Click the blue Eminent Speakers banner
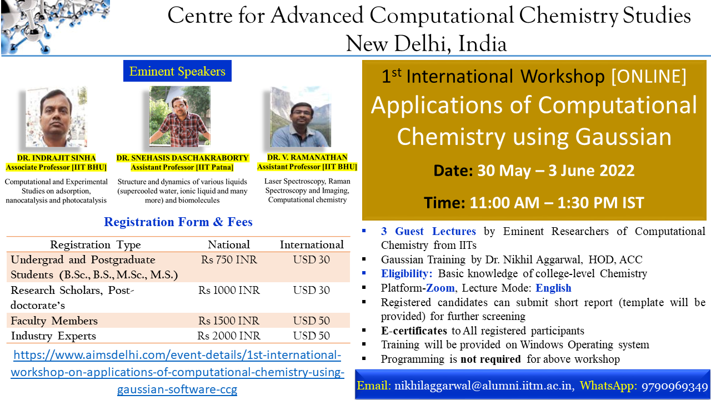coord(177,71)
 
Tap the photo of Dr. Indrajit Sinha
coord(56,117)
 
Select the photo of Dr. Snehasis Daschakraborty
coord(179,116)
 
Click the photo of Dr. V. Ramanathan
coord(300,117)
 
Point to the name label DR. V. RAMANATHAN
coord(307,158)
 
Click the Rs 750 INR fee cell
coord(229,259)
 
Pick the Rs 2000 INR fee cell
coord(229,336)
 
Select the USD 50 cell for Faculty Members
coord(312,321)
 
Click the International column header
coord(312,244)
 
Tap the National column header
coord(229,244)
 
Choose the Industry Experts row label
coord(53,336)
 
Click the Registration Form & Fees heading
coord(178,222)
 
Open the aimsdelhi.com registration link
coord(177,372)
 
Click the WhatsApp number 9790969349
coord(674,386)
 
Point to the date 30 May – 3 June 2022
coord(555,170)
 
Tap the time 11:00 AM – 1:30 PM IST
coord(557,203)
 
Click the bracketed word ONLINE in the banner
coord(648,76)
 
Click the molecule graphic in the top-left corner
coord(55,27)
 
